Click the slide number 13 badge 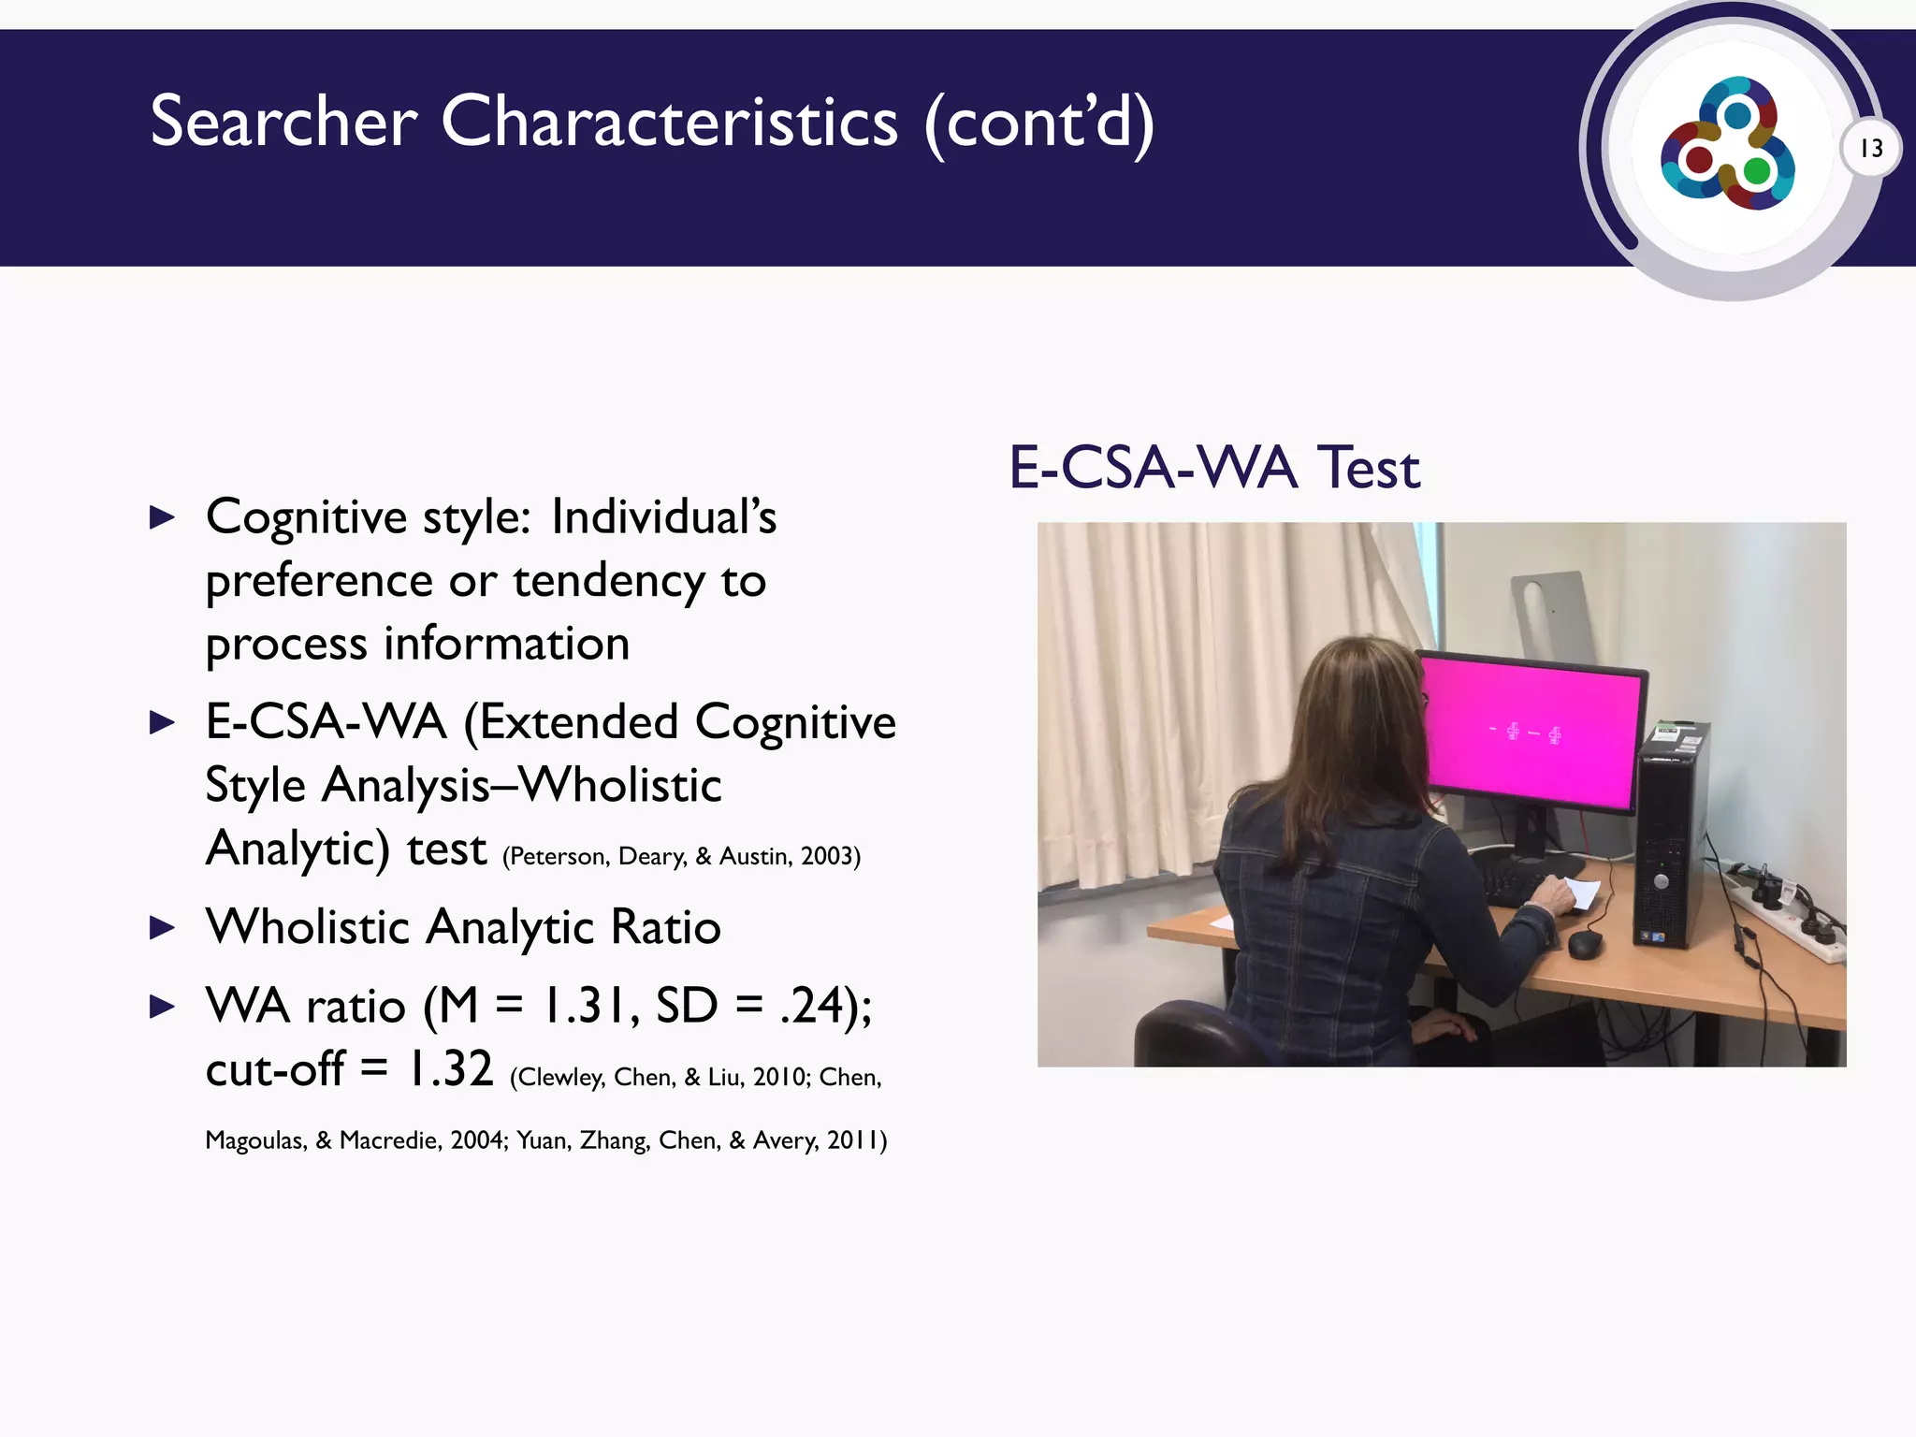click(x=1870, y=148)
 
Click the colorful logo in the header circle click(x=1727, y=143)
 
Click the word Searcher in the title click(x=283, y=122)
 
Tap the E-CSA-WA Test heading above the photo click(x=1213, y=467)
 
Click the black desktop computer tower click(x=1673, y=833)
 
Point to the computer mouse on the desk click(x=1585, y=944)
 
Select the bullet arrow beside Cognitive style click(x=163, y=517)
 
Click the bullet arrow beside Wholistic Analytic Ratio click(x=163, y=928)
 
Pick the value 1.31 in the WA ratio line click(x=589, y=1006)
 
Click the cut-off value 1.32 click(x=450, y=1068)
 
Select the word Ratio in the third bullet click(x=665, y=928)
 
